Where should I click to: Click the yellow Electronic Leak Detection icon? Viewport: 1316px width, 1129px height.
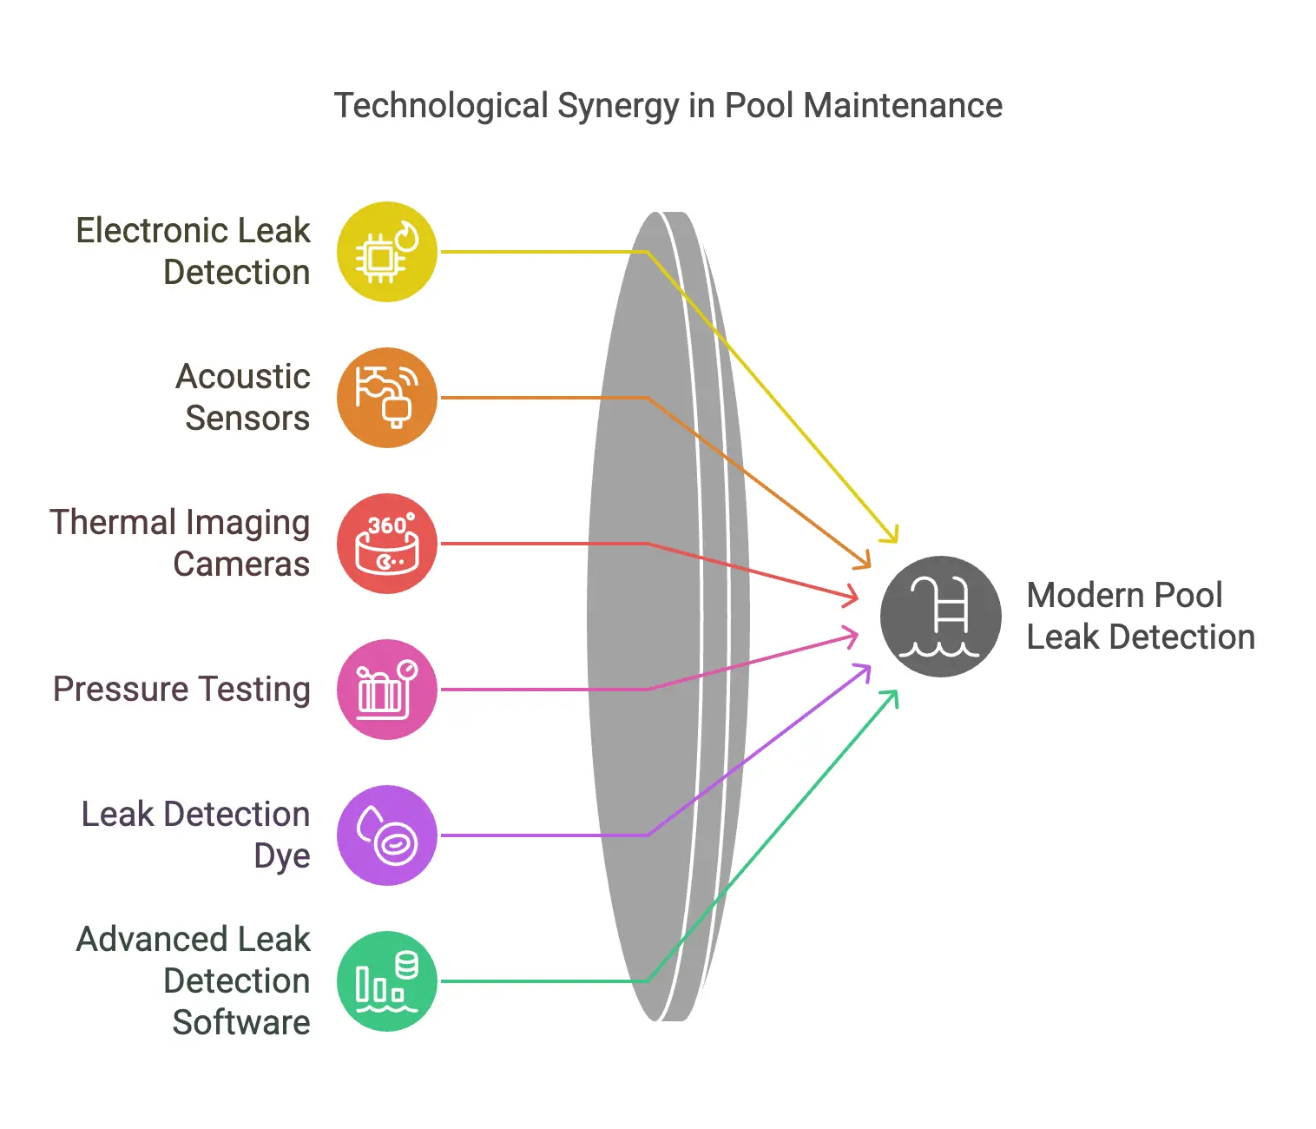[386, 252]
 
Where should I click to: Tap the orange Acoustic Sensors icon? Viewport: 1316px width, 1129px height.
[386, 398]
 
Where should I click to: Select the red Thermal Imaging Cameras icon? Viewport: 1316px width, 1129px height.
[386, 544]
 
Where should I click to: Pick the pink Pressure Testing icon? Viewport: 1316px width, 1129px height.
[386, 690]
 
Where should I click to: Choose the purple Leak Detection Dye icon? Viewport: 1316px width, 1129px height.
[386, 835]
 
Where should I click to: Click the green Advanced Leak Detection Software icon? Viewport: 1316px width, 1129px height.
[386, 981]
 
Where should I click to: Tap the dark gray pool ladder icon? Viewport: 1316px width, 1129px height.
[940, 616]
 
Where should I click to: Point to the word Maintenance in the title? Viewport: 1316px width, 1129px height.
[903, 105]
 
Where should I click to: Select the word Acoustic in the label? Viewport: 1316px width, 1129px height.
[242, 377]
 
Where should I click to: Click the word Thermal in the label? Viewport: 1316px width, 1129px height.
[113, 523]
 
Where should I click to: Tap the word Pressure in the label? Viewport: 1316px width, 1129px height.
[121, 690]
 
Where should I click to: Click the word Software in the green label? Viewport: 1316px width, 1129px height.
[241, 1022]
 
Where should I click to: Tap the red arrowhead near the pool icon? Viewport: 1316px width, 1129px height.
[851, 596]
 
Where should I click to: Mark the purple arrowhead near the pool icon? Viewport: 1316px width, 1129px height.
[862, 673]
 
